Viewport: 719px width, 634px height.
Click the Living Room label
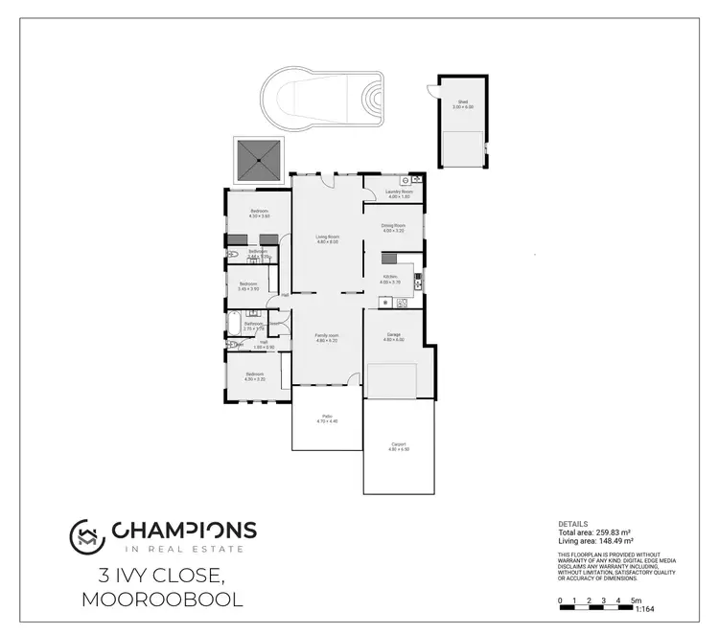[x=328, y=238]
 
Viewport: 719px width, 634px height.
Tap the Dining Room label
[x=394, y=228]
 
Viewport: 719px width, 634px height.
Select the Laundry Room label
[x=399, y=193]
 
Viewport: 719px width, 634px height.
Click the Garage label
[x=394, y=336]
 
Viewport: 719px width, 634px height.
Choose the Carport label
[x=399, y=445]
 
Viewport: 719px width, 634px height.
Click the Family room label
[x=328, y=337]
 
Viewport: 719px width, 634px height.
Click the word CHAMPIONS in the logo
[x=184, y=530]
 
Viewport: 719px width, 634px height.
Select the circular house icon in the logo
[x=84, y=535]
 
